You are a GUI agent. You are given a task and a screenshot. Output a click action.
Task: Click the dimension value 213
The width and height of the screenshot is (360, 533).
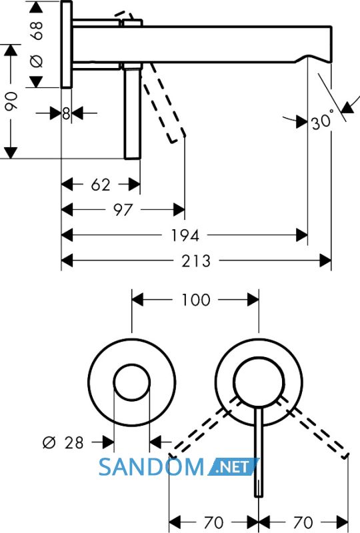click(x=196, y=261)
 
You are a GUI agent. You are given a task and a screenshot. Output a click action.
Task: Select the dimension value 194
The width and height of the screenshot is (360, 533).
click(x=185, y=235)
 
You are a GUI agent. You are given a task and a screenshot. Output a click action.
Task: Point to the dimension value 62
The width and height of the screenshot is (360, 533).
click(x=101, y=185)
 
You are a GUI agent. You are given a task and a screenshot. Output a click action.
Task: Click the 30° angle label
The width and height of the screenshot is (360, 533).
click(x=322, y=121)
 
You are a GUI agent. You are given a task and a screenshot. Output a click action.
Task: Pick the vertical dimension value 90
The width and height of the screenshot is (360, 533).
click(x=11, y=101)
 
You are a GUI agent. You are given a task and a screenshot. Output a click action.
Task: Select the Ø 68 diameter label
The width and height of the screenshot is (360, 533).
click(x=37, y=44)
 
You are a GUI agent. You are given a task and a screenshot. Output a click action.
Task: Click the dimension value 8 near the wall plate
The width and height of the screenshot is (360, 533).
click(x=67, y=113)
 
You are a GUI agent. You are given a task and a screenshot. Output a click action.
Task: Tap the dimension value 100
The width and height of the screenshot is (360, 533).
click(x=196, y=300)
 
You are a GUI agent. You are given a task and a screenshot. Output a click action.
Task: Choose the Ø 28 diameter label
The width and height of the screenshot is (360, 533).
click(x=63, y=442)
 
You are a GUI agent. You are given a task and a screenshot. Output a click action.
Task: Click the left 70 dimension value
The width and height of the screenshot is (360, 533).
click(x=213, y=522)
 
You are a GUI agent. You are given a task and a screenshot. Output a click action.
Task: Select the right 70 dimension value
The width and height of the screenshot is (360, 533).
click(x=303, y=522)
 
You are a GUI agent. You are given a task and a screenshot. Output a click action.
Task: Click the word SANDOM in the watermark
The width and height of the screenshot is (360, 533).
click(x=151, y=467)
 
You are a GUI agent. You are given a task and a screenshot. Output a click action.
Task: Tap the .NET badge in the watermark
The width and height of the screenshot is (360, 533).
click(x=233, y=467)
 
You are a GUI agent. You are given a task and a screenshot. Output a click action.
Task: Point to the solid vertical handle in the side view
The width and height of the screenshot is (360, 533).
click(x=133, y=113)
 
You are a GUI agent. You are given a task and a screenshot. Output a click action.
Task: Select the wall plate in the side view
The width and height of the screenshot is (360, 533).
click(x=67, y=44)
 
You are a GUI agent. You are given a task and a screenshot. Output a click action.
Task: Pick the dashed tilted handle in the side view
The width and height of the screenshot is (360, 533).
click(x=165, y=102)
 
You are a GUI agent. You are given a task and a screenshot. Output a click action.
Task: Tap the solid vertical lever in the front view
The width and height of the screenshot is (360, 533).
click(x=259, y=452)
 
